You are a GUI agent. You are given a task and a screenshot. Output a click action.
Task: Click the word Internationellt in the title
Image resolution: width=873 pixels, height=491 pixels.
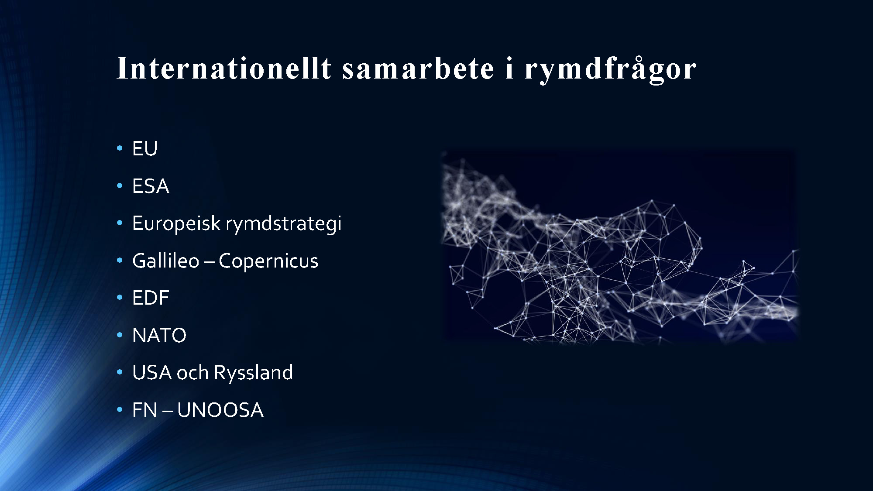click(224, 68)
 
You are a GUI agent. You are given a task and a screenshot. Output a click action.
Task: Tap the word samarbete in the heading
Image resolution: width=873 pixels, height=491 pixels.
click(418, 68)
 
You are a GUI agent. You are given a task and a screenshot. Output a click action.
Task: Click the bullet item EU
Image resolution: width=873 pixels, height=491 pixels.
click(144, 148)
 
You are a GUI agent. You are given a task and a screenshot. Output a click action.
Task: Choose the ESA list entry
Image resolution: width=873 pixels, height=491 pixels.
click(150, 186)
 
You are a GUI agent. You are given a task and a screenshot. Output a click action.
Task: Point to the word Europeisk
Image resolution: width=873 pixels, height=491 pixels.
click(176, 223)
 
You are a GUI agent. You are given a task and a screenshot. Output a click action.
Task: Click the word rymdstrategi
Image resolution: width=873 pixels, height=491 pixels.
click(283, 224)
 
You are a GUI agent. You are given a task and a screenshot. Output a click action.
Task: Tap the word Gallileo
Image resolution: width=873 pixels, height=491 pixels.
click(166, 261)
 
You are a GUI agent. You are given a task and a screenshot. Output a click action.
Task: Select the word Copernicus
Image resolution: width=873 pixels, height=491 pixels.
click(268, 261)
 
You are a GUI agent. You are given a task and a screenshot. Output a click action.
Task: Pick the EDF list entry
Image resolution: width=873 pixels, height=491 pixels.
click(150, 298)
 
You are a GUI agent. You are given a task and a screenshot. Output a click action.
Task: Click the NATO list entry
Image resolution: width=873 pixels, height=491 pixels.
click(159, 336)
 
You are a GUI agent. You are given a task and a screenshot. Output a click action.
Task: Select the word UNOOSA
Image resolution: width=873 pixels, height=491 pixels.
click(220, 410)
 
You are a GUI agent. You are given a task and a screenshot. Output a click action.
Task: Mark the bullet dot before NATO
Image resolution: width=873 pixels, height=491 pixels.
click(119, 336)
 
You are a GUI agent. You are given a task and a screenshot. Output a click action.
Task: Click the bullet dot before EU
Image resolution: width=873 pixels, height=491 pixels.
click(119, 149)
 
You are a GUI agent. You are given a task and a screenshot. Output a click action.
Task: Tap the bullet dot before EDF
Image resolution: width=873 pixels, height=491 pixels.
click(119, 298)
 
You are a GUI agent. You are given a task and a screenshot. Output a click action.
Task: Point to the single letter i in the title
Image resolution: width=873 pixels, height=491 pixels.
click(509, 68)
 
